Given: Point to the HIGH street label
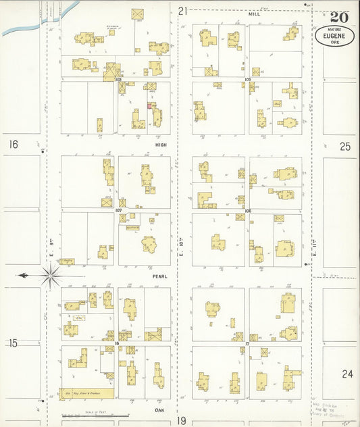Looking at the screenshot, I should pyautogui.click(x=161, y=144).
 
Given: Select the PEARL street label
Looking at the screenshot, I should pyautogui.click(x=160, y=276).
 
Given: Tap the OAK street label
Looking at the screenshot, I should pyautogui.click(x=160, y=409).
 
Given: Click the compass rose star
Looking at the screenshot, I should pyautogui.click(x=51, y=275).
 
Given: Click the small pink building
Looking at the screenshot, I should pyautogui.click(x=149, y=105).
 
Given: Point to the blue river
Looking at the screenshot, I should pyautogui.click(x=41, y=20).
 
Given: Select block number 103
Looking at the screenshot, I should pyautogui.click(x=118, y=79).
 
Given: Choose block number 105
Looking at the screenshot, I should pyautogui.click(x=248, y=79).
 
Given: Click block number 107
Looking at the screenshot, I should pyautogui.click(x=118, y=210).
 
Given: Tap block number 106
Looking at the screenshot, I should pyautogui.click(x=248, y=210).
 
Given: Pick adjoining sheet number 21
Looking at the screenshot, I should pyautogui.click(x=182, y=10).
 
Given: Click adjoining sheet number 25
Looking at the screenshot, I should pyautogui.click(x=345, y=146).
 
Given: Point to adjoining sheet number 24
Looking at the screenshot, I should pyautogui.click(x=346, y=374).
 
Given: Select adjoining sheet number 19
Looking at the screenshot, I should pyautogui.click(x=182, y=420).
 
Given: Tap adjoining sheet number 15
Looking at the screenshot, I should pyautogui.click(x=13, y=343).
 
